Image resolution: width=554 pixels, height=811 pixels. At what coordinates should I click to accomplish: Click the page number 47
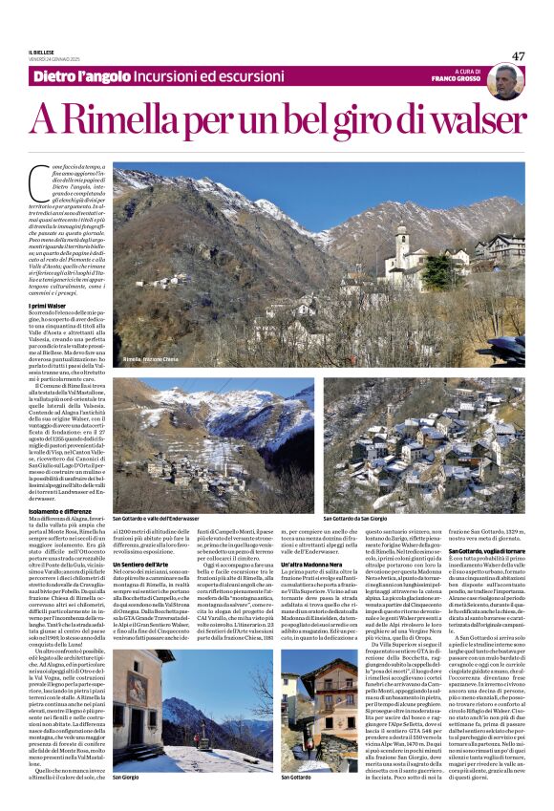coord(518,56)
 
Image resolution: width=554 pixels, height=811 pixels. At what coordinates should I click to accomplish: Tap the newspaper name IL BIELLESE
coord(43,53)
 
